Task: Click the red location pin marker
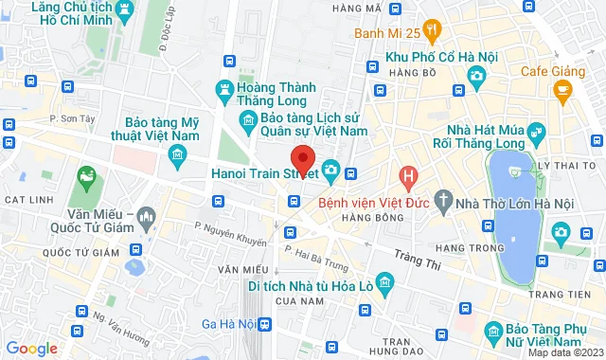(x=302, y=158)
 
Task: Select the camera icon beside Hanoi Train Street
(x=330, y=171)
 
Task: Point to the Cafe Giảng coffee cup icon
(x=563, y=92)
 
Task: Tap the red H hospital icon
(x=408, y=175)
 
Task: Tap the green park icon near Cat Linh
(x=87, y=176)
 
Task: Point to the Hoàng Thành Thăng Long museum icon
(x=225, y=91)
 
